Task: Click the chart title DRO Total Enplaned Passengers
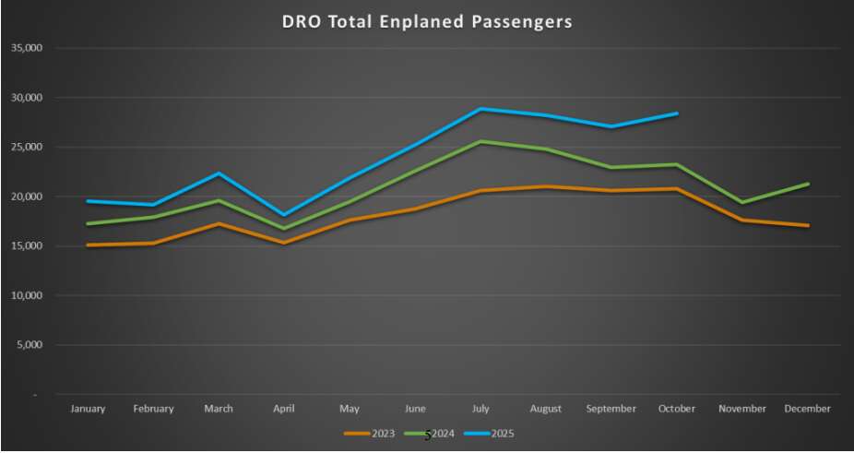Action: (426, 20)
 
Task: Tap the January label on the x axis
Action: (88, 409)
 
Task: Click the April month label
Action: (284, 409)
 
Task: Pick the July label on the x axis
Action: (480, 409)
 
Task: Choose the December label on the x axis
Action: (808, 409)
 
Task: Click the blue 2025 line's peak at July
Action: (480, 109)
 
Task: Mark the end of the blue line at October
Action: (677, 113)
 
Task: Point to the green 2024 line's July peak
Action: (480, 141)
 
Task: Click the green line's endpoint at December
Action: (808, 184)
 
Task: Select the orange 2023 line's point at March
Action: (219, 223)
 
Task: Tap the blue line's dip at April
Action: (284, 215)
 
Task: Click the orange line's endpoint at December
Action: (808, 225)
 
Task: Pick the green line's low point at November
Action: (742, 203)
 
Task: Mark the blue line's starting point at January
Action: (88, 201)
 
